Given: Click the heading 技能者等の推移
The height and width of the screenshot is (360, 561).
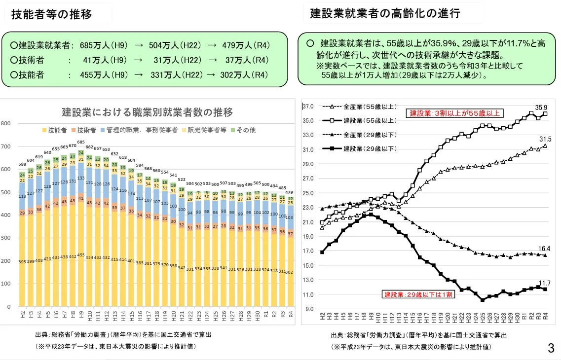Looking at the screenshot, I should click(x=52, y=14).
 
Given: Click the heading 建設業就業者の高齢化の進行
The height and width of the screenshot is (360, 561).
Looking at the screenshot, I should click(x=385, y=14).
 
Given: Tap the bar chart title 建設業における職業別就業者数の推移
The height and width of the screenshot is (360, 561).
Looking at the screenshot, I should click(x=147, y=112).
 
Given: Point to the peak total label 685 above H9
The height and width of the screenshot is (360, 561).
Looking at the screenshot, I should click(x=81, y=142).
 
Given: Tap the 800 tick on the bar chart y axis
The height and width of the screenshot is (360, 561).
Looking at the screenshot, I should click(x=5, y=123).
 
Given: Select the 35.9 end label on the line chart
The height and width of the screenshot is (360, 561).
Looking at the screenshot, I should click(x=541, y=108).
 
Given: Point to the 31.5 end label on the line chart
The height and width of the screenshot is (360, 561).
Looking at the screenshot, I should click(x=545, y=140).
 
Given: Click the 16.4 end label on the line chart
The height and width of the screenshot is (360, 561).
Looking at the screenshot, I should click(x=544, y=249).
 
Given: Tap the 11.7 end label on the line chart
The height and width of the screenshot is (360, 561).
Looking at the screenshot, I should click(x=544, y=283).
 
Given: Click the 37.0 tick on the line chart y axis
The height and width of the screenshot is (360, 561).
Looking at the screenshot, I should click(x=308, y=107).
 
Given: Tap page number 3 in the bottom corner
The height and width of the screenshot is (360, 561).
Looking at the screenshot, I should click(x=551, y=349).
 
